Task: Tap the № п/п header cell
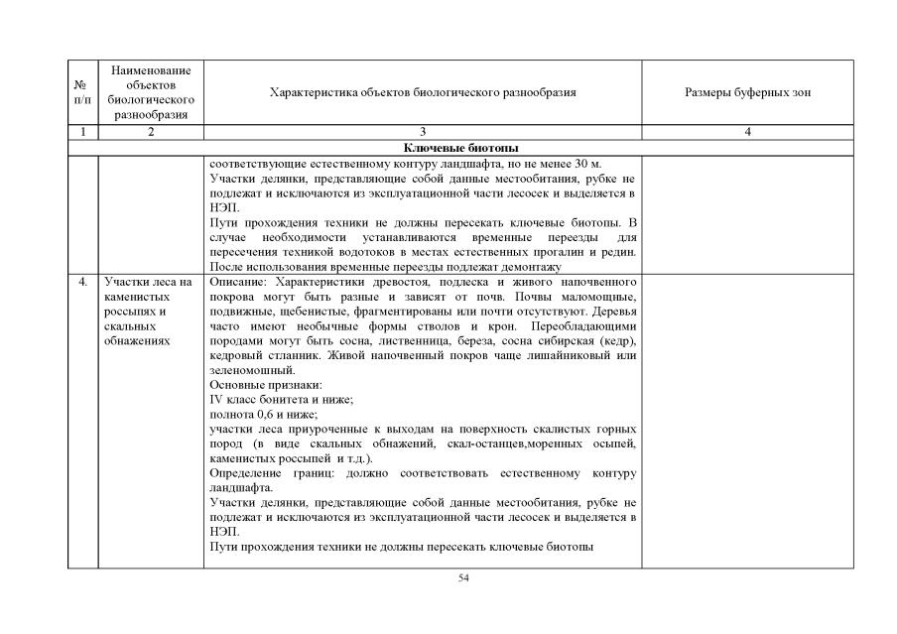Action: pyautogui.click(x=81, y=92)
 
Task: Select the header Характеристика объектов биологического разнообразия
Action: pyautogui.click(x=423, y=92)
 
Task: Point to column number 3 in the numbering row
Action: pyautogui.click(x=423, y=131)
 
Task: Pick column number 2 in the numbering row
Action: pyautogui.click(x=151, y=131)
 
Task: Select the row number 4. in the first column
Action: pyautogui.click(x=81, y=283)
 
